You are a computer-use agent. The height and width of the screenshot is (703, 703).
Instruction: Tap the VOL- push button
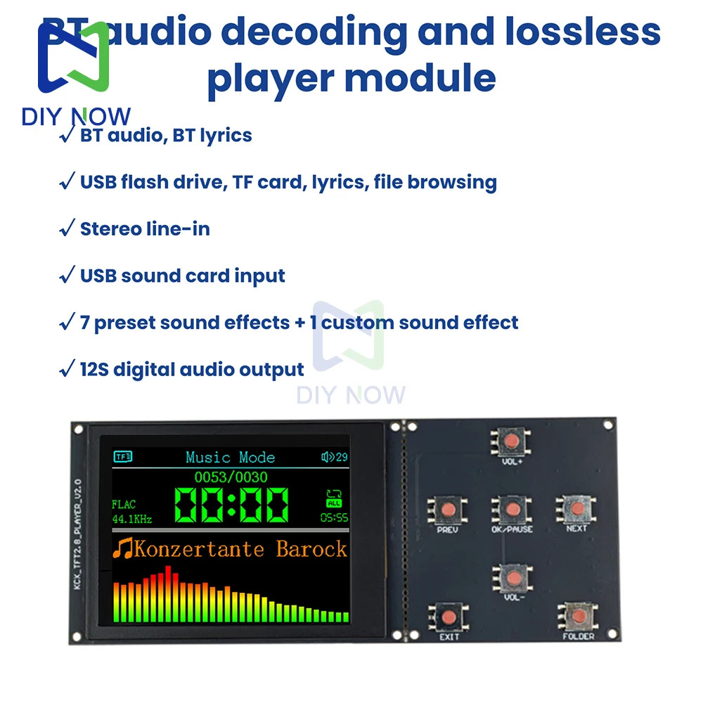(x=514, y=577)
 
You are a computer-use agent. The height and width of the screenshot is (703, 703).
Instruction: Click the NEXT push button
(x=576, y=508)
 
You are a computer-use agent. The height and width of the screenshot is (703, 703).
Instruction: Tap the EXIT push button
(x=448, y=617)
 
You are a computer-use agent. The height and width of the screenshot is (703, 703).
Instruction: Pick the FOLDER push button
(x=578, y=616)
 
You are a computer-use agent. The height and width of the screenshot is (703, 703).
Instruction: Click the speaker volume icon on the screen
(x=327, y=457)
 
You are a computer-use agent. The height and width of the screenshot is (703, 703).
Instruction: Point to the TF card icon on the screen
(x=123, y=457)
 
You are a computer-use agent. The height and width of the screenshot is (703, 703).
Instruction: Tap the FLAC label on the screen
(x=123, y=504)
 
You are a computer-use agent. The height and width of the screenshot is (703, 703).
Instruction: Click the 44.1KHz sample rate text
(x=131, y=520)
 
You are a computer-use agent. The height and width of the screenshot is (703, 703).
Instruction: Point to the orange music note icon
(x=124, y=548)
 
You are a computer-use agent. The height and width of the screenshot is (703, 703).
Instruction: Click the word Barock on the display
(x=311, y=548)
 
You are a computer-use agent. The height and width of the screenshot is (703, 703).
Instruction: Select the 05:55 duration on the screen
(x=334, y=518)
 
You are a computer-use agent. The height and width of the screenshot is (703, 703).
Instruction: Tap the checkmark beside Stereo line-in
(x=67, y=228)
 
